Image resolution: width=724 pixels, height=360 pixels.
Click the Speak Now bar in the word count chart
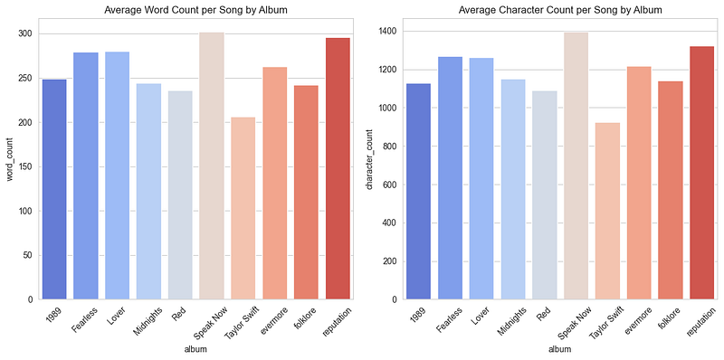tap(212, 166)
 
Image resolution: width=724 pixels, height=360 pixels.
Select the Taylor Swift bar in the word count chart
tap(243, 208)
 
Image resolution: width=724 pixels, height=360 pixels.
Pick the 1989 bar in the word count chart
tap(54, 189)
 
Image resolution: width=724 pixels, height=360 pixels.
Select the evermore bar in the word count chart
tap(275, 184)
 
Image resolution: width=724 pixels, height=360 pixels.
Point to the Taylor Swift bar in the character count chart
tap(607, 211)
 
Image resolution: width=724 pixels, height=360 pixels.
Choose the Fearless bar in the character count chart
tap(450, 178)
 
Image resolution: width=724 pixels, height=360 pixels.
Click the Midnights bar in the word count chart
tap(148, 192)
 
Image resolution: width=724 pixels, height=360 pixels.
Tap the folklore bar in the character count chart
tap(671, 190)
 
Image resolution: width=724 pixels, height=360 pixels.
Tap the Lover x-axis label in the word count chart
tap(118, 315)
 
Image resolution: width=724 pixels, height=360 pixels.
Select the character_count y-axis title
tap(369, 159)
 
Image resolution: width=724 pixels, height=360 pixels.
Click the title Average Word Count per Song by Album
tap(196, 10)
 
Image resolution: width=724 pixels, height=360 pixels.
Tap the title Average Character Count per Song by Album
tap(560, 10)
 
